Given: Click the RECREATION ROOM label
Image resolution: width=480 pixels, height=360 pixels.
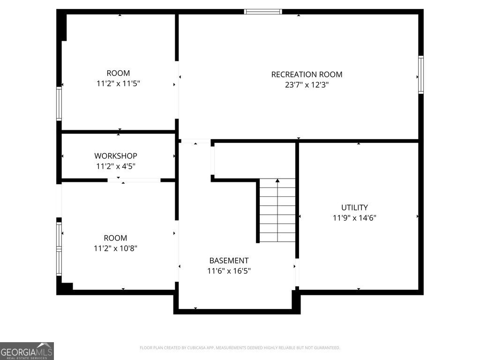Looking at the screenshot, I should coord(307,74).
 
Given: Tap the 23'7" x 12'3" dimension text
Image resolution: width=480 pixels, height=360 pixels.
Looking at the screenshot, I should coord(307,85).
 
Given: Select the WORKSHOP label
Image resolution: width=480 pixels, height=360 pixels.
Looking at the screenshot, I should coord(116,156).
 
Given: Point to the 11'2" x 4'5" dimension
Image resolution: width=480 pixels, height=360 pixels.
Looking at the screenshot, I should coord(116,166).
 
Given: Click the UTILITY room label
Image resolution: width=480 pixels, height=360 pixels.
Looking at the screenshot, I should coord(354,207).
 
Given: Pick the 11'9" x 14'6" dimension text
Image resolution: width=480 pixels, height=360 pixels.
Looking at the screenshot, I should coord(354,217).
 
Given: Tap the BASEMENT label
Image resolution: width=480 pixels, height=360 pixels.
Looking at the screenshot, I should coord(229,261).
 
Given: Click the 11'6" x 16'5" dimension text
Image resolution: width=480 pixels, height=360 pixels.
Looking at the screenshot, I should coord(229,271).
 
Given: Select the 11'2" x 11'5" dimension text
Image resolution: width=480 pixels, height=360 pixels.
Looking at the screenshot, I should coord(119,84).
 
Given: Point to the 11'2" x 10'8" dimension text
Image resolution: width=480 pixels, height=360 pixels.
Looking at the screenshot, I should coord(115,248).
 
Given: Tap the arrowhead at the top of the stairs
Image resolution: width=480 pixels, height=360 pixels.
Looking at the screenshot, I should coord(277,180).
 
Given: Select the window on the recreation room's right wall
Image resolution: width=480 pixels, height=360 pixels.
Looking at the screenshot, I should coord(420,75).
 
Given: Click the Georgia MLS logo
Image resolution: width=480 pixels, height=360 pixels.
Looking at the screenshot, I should coord(27,351).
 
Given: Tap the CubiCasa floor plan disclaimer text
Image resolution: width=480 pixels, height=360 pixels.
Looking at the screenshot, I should coord(240,348).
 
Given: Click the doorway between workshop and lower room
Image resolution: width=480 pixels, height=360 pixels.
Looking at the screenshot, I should coord(134,180).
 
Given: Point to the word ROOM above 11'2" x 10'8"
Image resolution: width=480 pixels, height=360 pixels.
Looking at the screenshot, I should coord(115,238).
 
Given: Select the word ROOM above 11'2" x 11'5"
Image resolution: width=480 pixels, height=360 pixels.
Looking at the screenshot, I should coord(119,73).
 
